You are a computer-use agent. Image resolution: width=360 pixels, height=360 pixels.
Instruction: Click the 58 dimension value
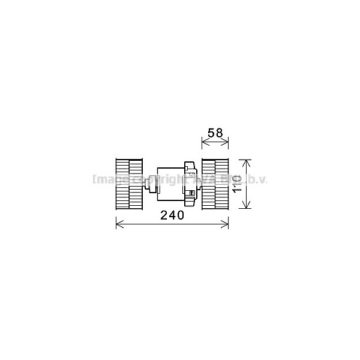(x=215, y=133)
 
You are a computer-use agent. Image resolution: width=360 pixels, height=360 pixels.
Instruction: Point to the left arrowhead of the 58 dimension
(x=202, y=142)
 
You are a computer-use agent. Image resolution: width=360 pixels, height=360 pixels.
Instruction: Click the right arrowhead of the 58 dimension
(x=227, y=142)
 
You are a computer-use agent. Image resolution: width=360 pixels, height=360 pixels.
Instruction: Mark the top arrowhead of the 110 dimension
(x=245, y=161)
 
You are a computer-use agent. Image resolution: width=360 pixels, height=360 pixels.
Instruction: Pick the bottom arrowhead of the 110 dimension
(x=245, y=208)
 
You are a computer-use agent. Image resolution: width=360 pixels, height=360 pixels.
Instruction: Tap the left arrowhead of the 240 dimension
(x=116, y=224)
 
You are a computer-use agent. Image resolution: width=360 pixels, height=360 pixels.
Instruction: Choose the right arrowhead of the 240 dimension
(x=227, y=224)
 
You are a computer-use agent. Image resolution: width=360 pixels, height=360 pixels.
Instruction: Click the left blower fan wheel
(x=129, y=184)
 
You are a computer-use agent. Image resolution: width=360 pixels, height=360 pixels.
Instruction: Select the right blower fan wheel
(x=215, y=184)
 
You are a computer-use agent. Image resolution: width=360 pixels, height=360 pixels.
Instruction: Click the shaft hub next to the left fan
(x=149, y=184)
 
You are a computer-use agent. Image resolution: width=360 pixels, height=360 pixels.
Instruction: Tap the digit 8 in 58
(x=220, y=133)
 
